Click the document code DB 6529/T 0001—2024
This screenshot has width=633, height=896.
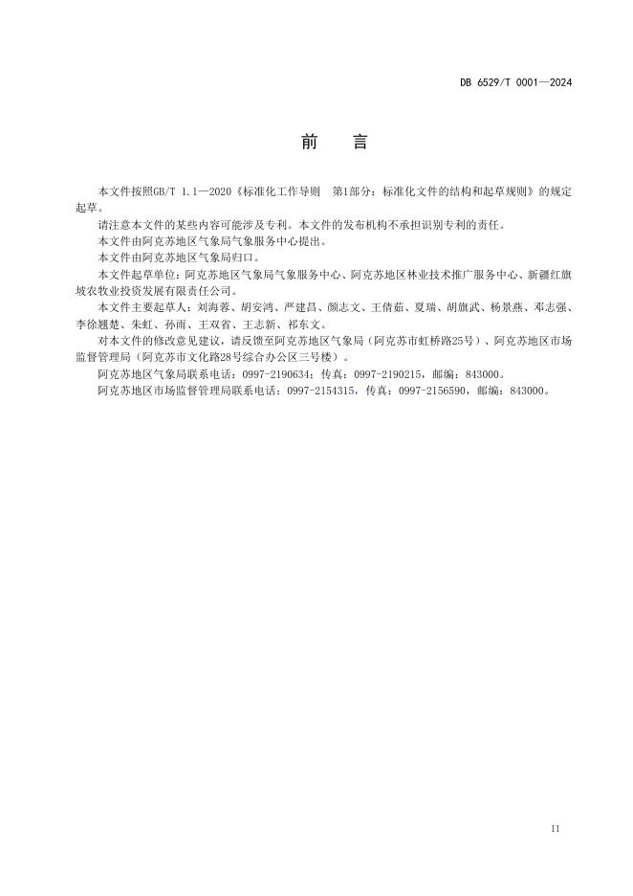point(515,82)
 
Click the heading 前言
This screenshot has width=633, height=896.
point(334,143)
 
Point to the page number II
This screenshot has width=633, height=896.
point(556,827)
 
